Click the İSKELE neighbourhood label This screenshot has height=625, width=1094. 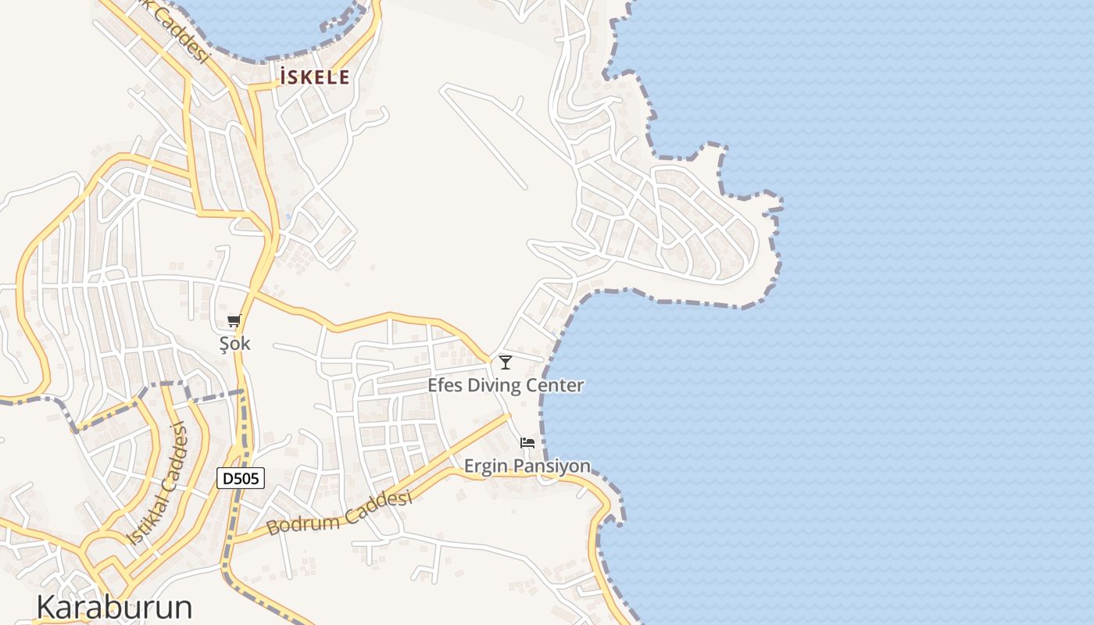[314, 77]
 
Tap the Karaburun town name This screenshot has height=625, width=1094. [114, 607]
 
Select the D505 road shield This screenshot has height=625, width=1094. [241, 478]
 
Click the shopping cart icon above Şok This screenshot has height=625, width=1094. [234, 321]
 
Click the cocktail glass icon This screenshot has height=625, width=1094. [506, 362]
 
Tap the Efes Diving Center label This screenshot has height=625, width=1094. [506, 385]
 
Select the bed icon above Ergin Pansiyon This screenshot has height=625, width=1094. [527, 443]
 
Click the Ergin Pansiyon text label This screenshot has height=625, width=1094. [527, 466]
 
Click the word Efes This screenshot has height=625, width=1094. [445, 385]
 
